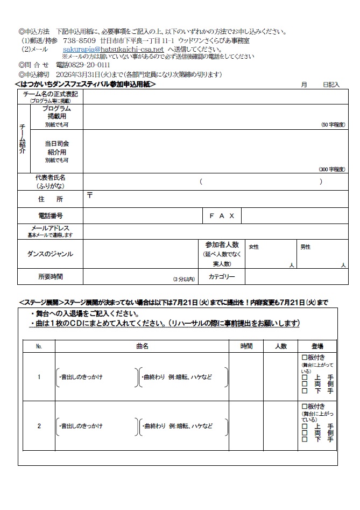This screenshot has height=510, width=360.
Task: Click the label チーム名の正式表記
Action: click(50, 94)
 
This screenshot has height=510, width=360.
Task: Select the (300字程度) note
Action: click(332, 169)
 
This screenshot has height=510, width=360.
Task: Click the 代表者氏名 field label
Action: click(50, 177)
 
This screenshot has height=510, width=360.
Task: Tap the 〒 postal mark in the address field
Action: click(89, 195)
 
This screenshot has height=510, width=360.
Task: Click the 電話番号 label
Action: click(50, 215)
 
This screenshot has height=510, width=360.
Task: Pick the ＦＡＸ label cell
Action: click(222, 215)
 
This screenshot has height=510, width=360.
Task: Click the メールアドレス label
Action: click(50, 228)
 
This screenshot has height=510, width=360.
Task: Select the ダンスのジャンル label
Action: click(50, 254)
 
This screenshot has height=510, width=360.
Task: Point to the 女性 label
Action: click(253, 247)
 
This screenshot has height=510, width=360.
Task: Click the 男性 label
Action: click(305, 247)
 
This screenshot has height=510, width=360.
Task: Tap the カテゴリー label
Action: click(222, 277)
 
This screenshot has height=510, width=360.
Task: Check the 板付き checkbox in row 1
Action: click(304, 357)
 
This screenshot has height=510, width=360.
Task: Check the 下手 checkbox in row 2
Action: click(305, 439)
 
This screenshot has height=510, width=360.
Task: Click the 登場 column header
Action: click(317, 346)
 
